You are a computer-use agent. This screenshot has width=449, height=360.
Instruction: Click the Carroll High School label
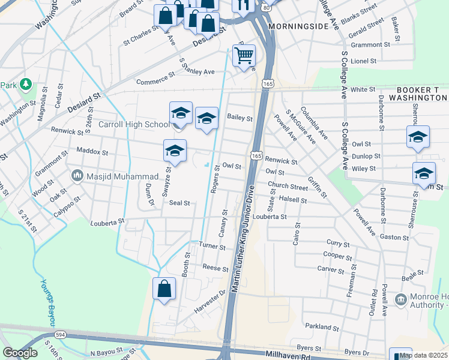[x=133, y=125]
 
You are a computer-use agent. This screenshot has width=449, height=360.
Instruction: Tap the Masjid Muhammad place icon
[x=77, y=176]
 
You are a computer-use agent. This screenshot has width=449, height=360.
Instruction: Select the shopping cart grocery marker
[x=244, y=56]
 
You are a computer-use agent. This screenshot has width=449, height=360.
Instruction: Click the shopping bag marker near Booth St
[x=164, y=289]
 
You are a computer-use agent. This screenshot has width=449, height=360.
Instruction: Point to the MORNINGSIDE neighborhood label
[x=298, y=27]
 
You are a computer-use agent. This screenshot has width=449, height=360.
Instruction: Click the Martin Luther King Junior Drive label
[x=243, y=239]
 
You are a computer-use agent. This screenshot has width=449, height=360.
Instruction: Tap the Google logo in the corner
[x=20, y=353]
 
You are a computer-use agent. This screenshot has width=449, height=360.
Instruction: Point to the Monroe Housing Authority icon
[x=400, y=299]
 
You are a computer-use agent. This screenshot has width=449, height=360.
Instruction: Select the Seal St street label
[x=179, y=203]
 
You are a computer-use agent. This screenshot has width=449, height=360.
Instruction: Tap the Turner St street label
[x=212, y=247]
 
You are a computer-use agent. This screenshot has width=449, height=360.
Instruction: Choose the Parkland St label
[x=322, y=327]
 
